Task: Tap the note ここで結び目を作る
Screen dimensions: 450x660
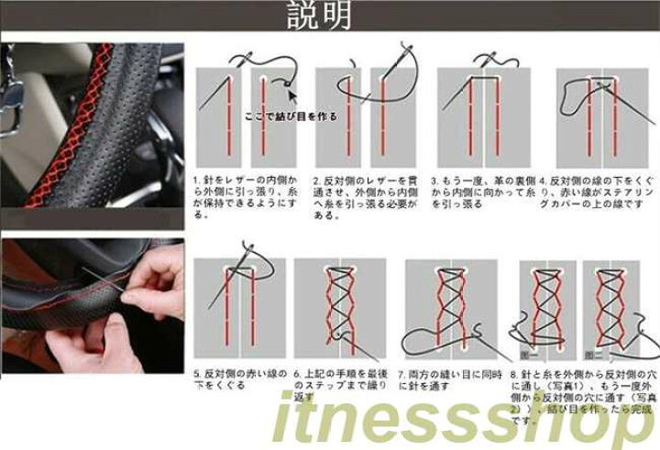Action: [x=291, y=116]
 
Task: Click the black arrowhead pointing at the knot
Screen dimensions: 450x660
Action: [x=291, y=93]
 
